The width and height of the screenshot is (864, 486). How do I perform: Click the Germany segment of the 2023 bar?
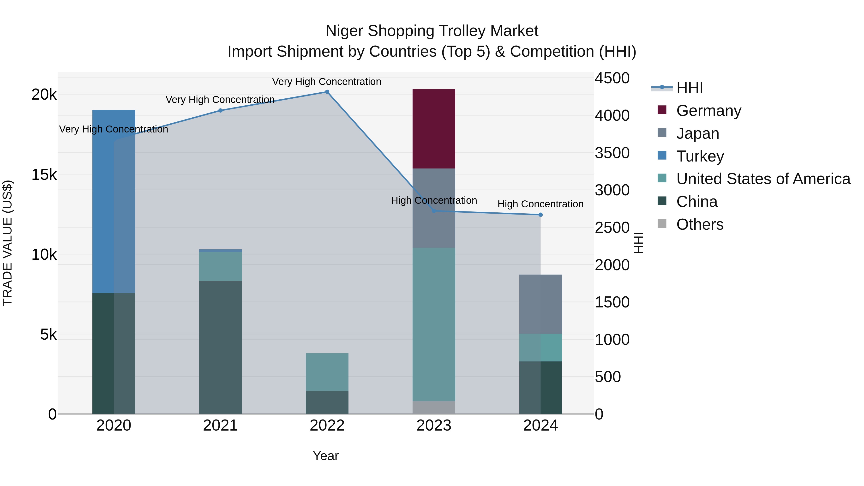(434, 129)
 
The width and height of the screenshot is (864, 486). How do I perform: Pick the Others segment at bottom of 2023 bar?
(434, 407)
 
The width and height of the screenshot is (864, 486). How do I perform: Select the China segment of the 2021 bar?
(220, 347)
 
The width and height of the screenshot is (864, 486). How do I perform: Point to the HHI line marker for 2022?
(327, 92)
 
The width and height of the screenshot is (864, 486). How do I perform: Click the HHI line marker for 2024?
(540, 215)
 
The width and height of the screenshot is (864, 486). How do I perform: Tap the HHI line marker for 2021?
(220, 110)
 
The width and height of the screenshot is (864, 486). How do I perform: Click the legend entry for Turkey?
(700, 156)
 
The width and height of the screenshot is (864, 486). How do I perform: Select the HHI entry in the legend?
(689, 88)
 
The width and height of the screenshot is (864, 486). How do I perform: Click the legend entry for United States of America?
(763, 179)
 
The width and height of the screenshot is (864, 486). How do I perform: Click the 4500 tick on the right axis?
(612, 78)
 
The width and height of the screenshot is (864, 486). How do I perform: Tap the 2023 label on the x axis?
(434, 425)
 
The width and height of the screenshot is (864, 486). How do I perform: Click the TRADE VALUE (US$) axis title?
(7, 243)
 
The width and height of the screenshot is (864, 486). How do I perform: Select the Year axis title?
(326, 456)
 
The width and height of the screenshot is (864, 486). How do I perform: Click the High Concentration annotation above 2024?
(540, 204)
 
